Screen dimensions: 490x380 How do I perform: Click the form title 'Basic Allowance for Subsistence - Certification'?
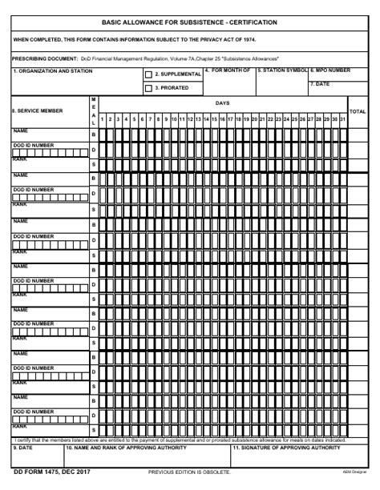click(x=189, y=22)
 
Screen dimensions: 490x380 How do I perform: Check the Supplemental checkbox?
click(x=148, y=74)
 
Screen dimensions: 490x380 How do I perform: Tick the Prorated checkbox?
click(x=148, y=88)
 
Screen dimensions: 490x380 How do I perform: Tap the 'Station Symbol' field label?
click(x=281, y=70)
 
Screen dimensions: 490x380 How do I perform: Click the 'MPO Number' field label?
click(x=330, y=70)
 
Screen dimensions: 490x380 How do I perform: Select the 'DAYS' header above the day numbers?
click(x=222, y=102)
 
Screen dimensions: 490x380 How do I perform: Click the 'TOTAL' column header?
click(x=358, y=111)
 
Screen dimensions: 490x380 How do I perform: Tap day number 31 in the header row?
click(x=342, y=118)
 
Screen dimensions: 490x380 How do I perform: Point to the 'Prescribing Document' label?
click(x=45, y=58)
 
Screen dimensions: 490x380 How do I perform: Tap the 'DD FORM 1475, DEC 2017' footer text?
click(x=52, y=473)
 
